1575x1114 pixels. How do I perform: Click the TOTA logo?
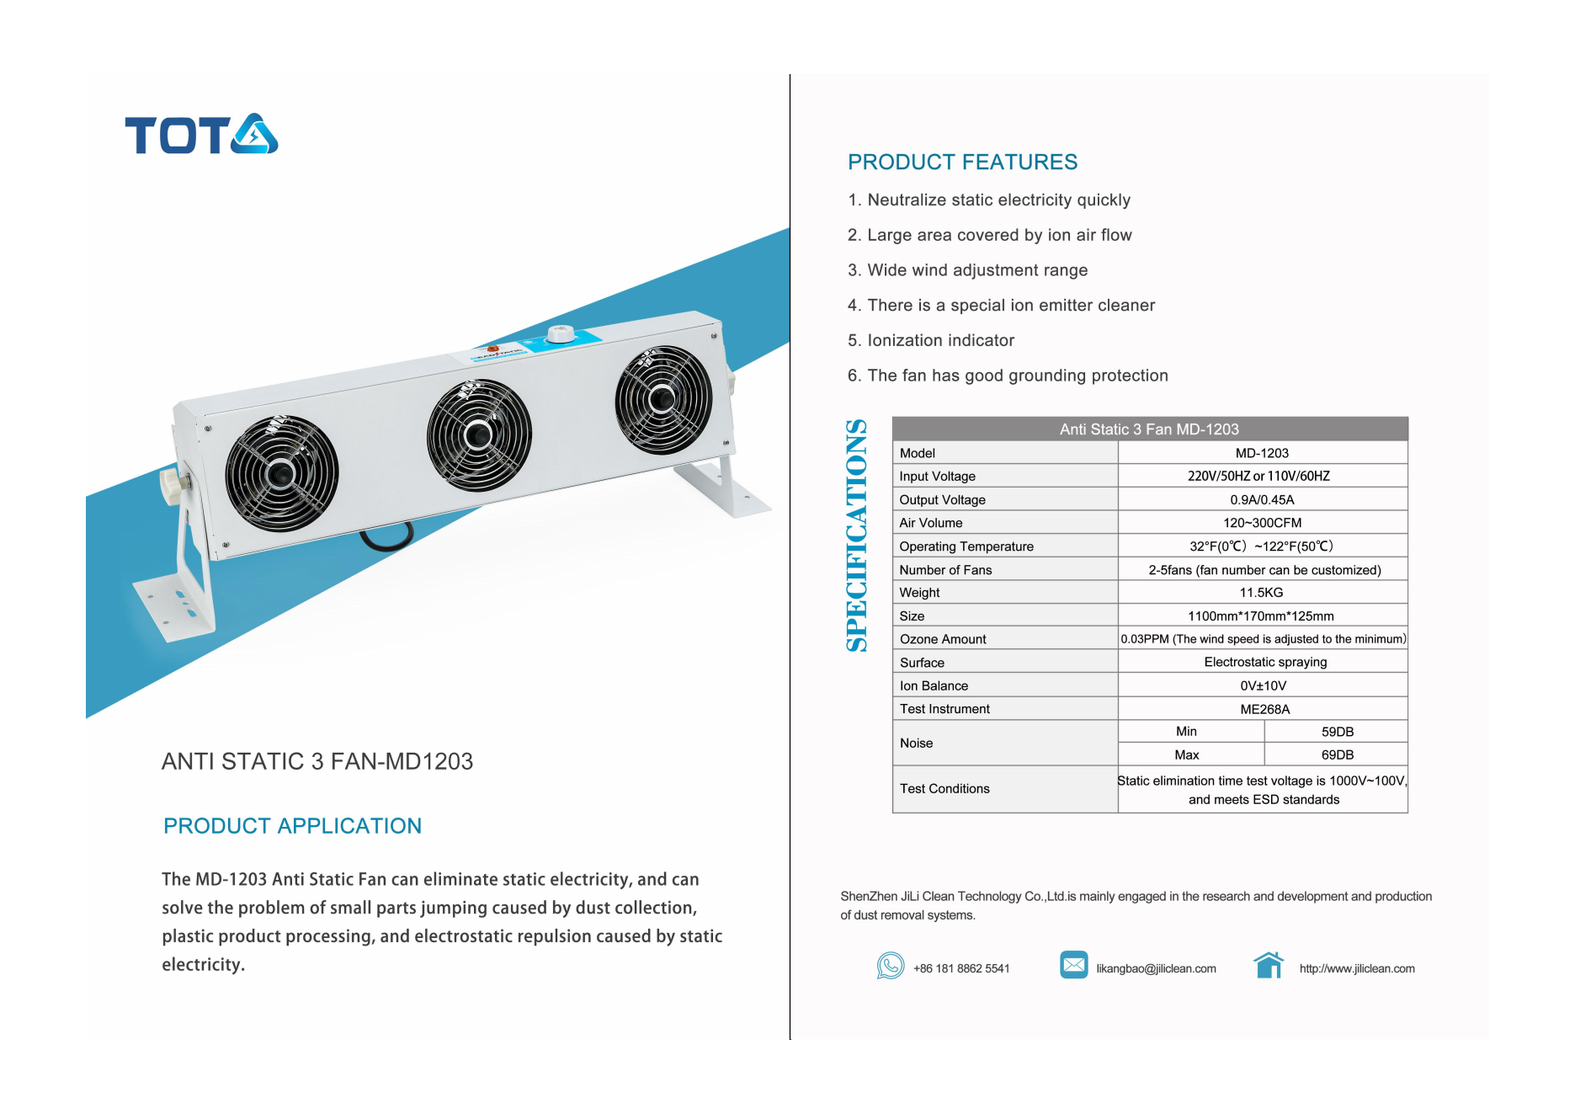201,134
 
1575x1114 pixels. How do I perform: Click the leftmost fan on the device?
281,473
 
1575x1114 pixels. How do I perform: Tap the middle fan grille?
479,435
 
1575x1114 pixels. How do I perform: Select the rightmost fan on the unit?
663,400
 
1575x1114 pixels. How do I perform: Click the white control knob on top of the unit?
561,333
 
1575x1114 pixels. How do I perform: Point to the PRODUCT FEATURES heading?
962,162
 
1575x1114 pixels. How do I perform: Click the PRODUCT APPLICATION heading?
292,825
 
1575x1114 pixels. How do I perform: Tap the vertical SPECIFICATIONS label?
857,536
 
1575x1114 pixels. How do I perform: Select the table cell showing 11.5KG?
1261,593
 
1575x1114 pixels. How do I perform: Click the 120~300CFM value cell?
1262,523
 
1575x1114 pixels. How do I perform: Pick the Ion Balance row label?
934,685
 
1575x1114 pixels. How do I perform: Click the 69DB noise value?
1337,754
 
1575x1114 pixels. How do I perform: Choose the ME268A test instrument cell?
1264,709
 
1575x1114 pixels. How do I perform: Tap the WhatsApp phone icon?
890,966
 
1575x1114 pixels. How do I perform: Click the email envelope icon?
1073,965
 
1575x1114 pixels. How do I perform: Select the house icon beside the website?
1269,965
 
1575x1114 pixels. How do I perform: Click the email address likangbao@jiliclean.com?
1156,968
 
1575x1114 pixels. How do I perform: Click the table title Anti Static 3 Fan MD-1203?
1149,429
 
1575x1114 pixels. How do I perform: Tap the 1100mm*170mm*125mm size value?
1261,616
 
